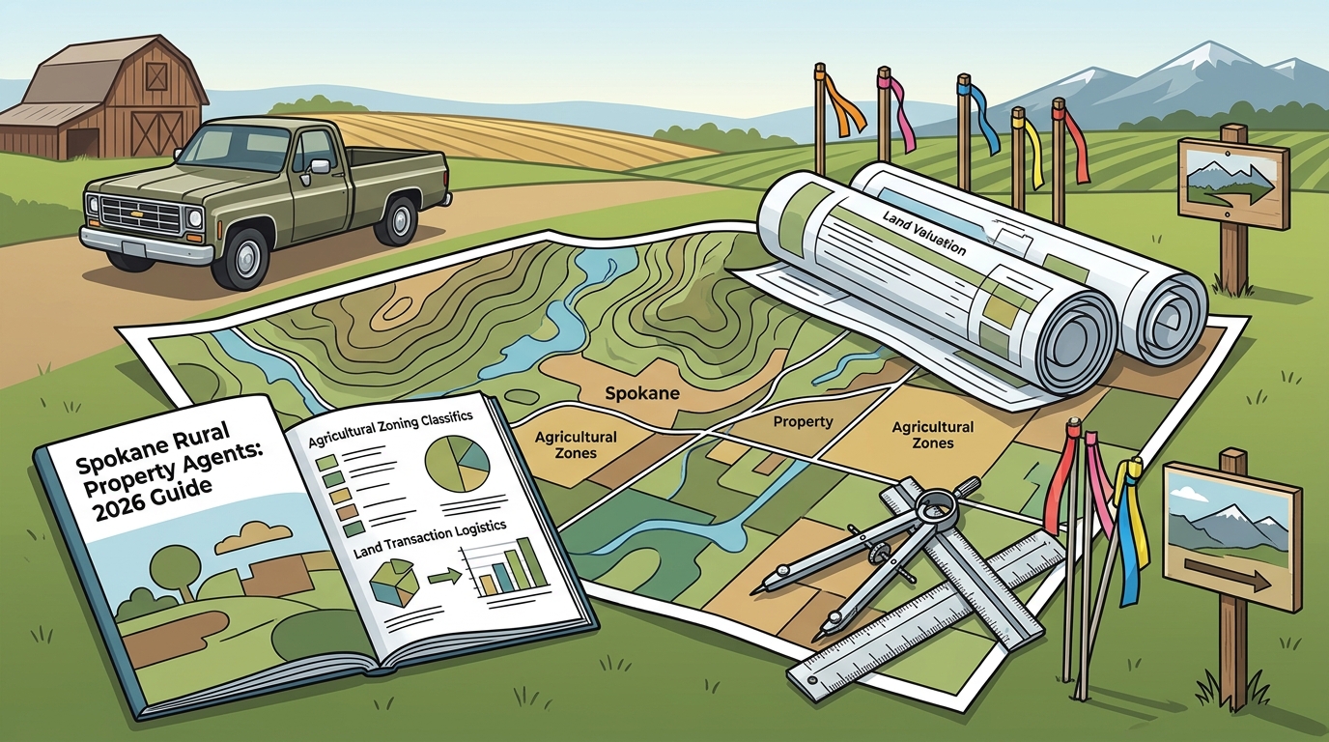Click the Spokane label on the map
tap(642, 393)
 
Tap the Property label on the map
tap(804, 422)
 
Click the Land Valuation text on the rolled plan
tap(924, 233)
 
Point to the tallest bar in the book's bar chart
tap(533, 561)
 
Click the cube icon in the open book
tap(394, 581)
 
